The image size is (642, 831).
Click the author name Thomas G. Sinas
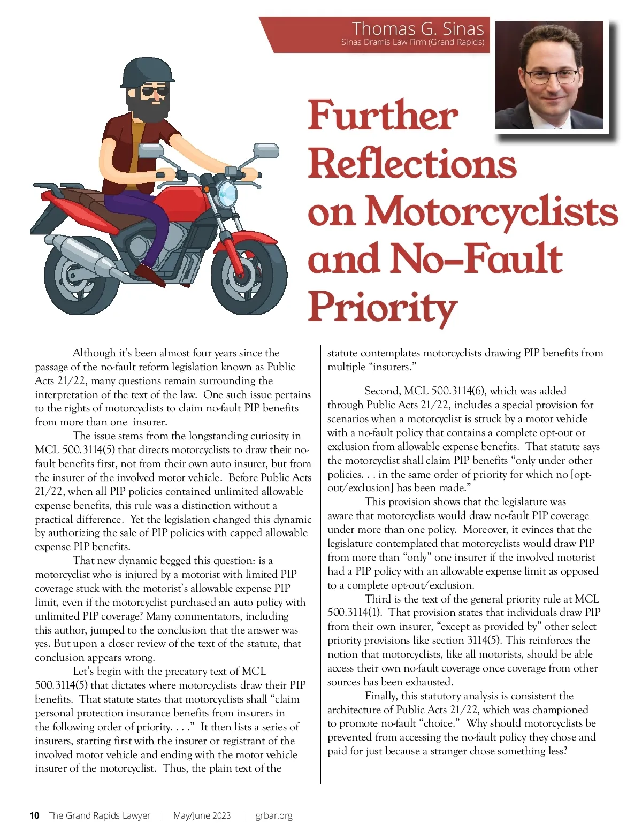(418, 28)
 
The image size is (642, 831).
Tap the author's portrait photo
(549, 75)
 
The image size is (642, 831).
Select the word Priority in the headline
(382, 308)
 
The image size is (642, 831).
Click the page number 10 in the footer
(35, 815)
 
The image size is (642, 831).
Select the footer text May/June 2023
(202, 815)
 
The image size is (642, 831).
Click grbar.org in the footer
(274, 815)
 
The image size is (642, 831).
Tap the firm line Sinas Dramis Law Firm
(412, 42)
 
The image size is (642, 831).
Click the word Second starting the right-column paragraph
(382, 391)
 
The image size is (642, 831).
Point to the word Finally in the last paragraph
(381, 696)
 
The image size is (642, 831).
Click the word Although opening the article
(94, 353)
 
